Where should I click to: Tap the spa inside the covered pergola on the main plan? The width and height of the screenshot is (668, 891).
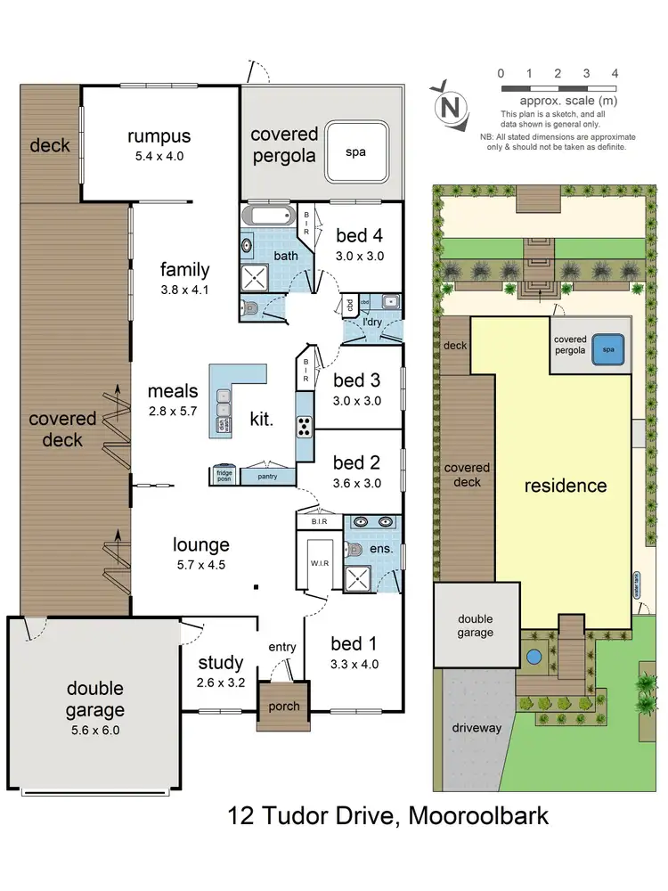pyautogui.click(x=356, y=151)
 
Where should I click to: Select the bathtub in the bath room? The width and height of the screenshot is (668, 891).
pyautogui.click(x=266, y=216)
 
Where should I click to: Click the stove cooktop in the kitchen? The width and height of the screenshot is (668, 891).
pyautogui.click(x=304, y=428)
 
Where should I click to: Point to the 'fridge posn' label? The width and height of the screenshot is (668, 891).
pyautogui.click(x=223, y=476)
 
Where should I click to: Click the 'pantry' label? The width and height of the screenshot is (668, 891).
pyautogui.click(x=268, y=477)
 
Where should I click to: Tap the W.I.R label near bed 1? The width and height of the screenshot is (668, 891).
pyautogui.click(x=318, y=562)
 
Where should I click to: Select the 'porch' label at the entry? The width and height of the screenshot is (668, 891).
pyautogui.click(x=283, y=707)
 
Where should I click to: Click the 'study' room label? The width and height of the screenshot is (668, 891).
pyautogui.click(x=220, y=662)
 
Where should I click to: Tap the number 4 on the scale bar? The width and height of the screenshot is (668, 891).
pyautogui.click(x=615, y=73)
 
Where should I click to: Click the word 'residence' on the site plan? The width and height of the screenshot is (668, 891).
pyautogui.click(x=565, y=486)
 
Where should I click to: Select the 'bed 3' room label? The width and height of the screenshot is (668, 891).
pyautogui.click(x=356, y=381)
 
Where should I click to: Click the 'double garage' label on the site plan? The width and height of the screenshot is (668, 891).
pyautogui.click(x=475, y=625)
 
